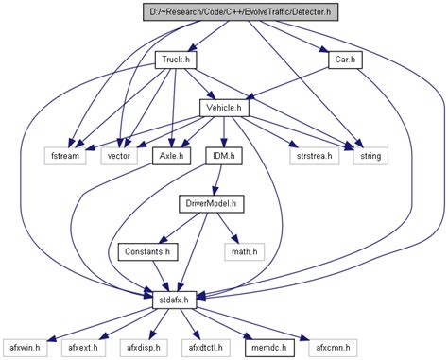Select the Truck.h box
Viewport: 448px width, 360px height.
(176, 60)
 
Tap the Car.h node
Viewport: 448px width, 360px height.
(342, 60)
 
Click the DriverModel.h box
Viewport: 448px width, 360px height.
(210, 204)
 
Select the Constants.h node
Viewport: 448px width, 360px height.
(145, 252)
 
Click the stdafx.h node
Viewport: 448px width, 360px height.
(177, 300)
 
